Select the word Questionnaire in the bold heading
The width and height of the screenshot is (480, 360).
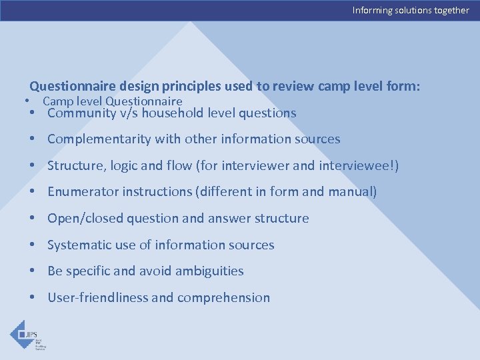73,87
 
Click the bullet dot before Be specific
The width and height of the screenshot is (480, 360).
32,271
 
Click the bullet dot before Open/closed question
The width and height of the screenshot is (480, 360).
32,219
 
